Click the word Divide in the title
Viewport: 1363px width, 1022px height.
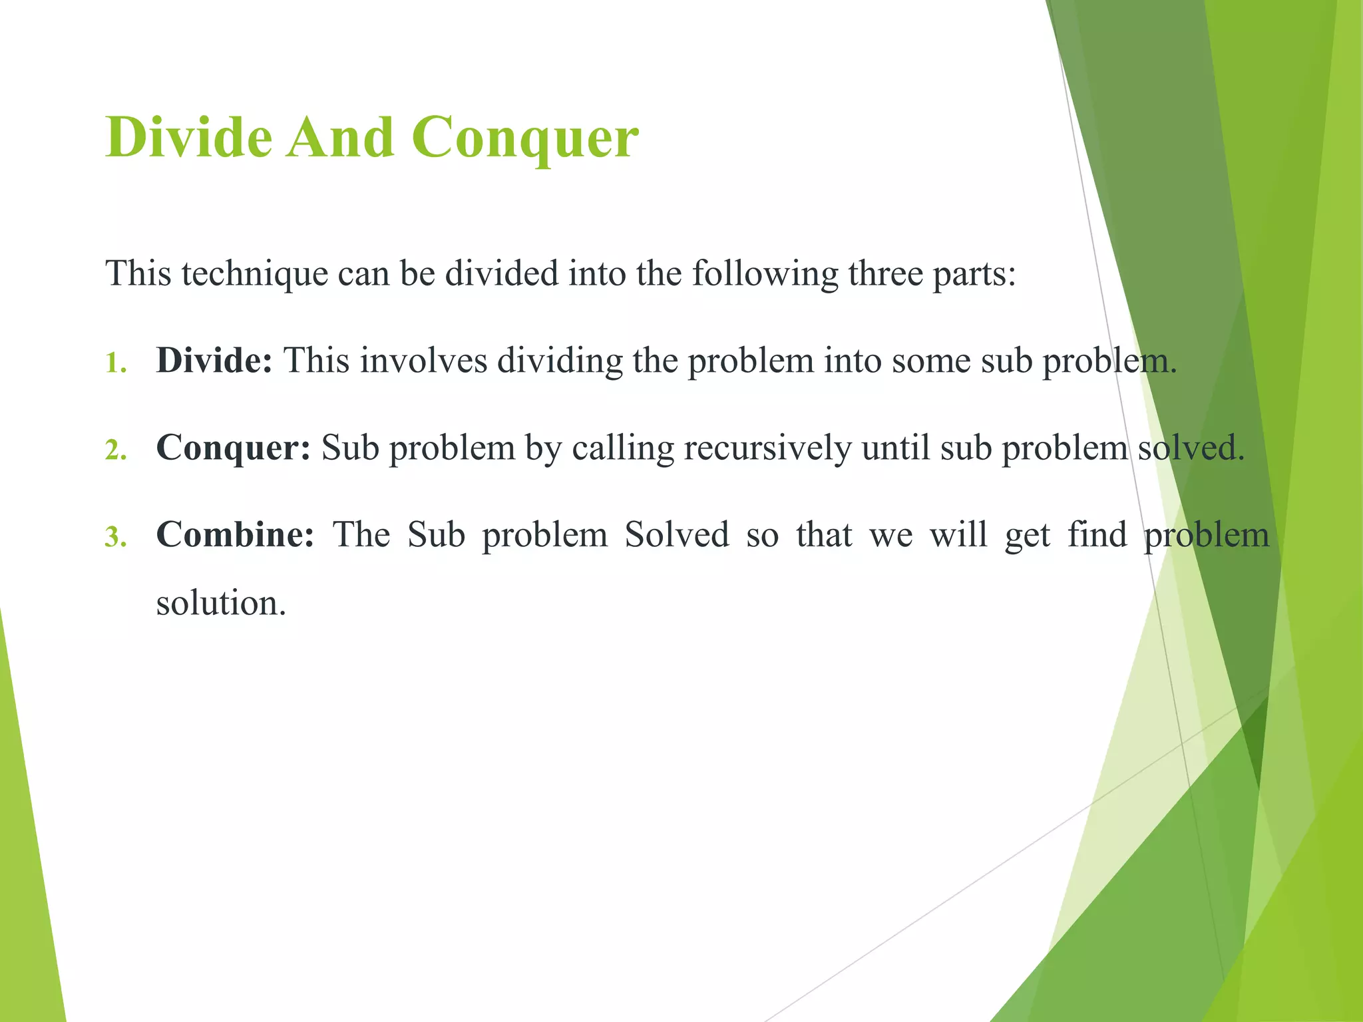(x=189, y=138)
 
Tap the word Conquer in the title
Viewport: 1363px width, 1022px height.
(x=524, y=138)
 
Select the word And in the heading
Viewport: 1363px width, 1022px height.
(x=341, y=138)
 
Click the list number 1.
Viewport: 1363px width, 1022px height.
(x=115, y=363)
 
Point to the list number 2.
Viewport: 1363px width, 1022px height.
(x=115, y=450)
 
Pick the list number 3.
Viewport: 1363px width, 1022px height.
(x=115, y=538)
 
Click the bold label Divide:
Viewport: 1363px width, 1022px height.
(x=214, y=361)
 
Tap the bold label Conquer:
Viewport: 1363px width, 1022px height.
(x=233, y=448)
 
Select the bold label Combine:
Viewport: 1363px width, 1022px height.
(x=235, y=535)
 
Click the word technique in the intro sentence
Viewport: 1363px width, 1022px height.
(x=255, y=273)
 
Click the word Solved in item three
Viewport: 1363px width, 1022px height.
(x=677, y=535)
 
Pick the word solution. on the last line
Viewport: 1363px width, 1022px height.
(x=221, y=603)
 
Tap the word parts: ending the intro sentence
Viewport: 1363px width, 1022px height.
(x=974, y=273)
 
